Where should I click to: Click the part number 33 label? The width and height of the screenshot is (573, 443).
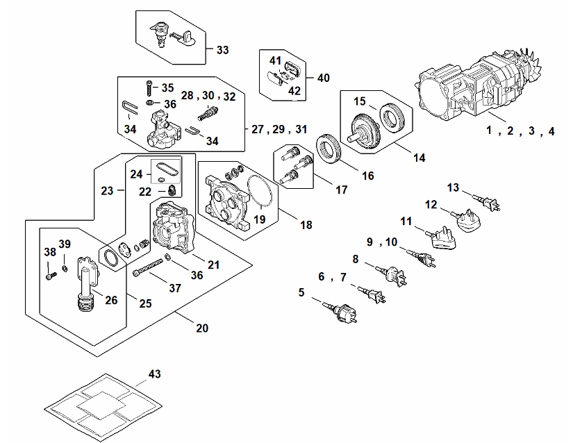pos(222,50)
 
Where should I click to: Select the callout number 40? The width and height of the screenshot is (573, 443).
pos(324,78)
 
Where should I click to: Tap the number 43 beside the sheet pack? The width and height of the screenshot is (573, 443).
pos(155,374)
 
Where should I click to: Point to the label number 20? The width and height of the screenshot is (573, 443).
pos(202,328)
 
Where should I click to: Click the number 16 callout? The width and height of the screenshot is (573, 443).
pos(368,176)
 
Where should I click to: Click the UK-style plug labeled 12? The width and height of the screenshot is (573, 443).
pos(466,220)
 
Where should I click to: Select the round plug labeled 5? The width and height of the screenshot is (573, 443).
pos(341,313)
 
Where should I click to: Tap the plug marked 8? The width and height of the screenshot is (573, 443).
pos(393,276)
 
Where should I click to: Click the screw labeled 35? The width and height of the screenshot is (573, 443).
pos(149,87)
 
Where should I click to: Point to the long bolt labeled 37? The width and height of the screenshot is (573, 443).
pos(148,267)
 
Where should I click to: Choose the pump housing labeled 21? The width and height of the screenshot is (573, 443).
pos(174,226)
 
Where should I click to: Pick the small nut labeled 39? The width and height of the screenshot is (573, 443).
pos(65,269)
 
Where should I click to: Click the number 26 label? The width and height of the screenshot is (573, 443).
pos(111,300)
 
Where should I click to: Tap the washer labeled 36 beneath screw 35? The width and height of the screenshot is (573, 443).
pos(150,103)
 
